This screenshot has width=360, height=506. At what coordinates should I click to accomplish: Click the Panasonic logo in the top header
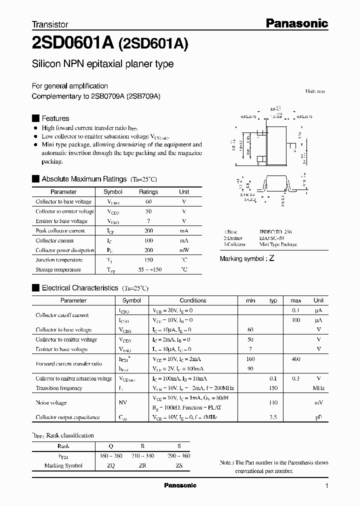click(x=296, y=23)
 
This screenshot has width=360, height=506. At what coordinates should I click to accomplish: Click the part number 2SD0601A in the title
click(x=73, y=44)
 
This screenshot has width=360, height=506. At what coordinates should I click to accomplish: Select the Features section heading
click(x=55, y=118)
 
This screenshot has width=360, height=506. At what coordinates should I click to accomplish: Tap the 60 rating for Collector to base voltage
click(x=148, y=201)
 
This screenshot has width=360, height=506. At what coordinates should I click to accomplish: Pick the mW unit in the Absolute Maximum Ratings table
click(x=184, y=250)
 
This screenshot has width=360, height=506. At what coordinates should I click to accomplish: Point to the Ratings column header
click(x=148, y=192)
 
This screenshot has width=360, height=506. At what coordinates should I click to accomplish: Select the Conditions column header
click(x=193, y=300)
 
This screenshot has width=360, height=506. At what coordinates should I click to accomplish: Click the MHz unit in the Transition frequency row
click(x=318, y=388)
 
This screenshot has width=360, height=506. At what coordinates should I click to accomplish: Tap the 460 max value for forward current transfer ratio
click(x=295, y=359)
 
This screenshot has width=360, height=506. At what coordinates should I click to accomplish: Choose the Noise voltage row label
click(x=51, y=402)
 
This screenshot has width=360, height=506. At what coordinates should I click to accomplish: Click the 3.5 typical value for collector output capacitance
click(x=273, y=417)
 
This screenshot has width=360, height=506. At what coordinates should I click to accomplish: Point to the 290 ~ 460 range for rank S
click(x=179, y=456)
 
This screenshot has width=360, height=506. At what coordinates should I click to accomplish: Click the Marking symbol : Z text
click(x=247, y=258)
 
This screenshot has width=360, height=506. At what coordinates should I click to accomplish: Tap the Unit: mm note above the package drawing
click(x=314, y=91)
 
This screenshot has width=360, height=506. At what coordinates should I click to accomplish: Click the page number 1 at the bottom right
click(x=326, y=486)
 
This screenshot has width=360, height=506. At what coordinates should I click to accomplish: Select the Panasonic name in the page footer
click(x=180, y=485)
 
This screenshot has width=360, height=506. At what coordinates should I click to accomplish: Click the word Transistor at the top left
click(x=50, y=24)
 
